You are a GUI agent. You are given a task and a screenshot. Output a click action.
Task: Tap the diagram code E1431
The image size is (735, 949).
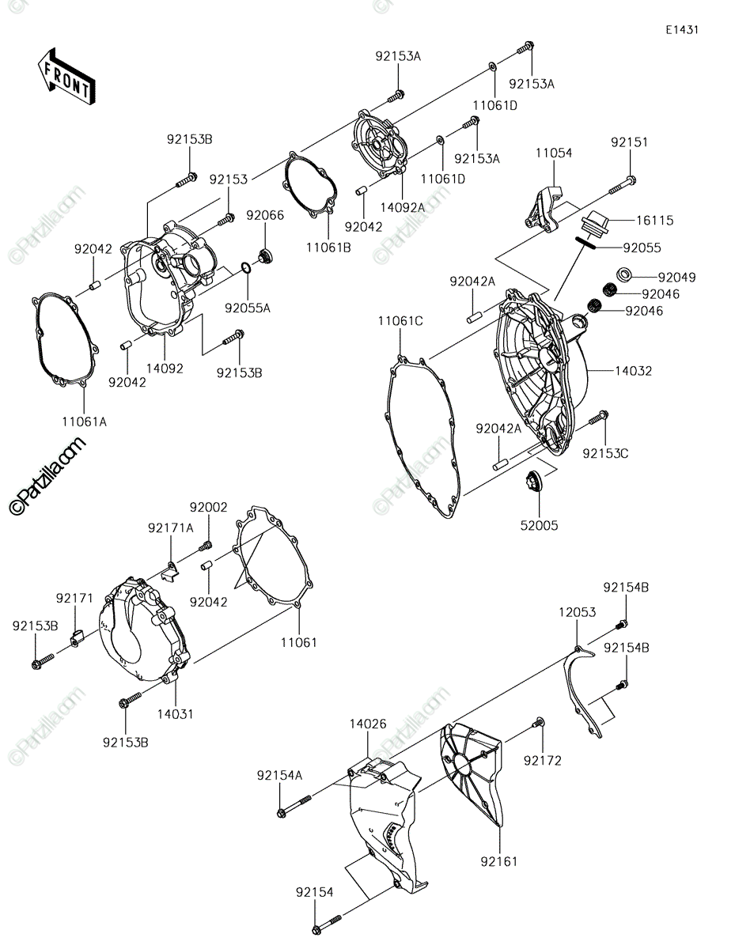coord(682,30)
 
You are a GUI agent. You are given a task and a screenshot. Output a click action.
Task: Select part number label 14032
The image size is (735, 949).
coord(633,371)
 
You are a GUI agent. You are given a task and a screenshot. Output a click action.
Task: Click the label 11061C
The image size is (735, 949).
coord(400,321)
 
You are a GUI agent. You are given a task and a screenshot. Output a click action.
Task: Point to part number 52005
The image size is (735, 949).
coord(539,525)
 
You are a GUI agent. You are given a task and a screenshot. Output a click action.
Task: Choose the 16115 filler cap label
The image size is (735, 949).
coord(654,220)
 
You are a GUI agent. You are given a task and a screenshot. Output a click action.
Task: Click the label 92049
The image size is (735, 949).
coord(677,277)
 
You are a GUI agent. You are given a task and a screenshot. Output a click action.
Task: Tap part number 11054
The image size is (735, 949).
coord(554,153)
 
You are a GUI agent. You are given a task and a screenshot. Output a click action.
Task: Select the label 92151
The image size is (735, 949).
coord(629,142)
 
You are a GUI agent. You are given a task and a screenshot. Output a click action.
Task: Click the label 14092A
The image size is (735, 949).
coord(402,207)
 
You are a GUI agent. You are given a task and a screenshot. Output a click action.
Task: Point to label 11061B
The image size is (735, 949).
coord(328,248)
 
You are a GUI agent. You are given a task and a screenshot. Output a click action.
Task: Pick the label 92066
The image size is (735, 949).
coord(265,215)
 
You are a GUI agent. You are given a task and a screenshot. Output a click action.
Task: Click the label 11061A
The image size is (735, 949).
coord(85,422)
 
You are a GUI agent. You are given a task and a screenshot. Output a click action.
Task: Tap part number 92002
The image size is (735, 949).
coord(208,507)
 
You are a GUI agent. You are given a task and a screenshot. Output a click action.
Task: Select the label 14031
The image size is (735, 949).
coord(175,714)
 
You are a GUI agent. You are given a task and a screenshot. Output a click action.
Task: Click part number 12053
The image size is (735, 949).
coord(578,612)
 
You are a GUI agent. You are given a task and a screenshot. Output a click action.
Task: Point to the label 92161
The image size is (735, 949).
coord(498,862)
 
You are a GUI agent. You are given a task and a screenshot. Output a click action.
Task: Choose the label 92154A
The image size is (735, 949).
coord(279,775)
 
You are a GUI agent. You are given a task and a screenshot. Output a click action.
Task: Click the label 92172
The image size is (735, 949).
coord(543,760)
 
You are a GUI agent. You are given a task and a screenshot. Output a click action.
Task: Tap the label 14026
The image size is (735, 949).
coord(368,724)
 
